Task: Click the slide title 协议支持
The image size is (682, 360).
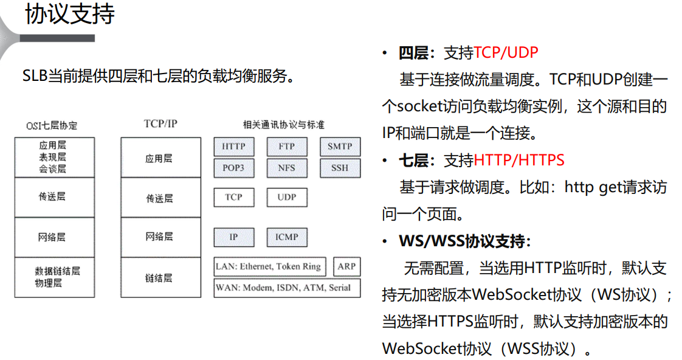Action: click(69, 15)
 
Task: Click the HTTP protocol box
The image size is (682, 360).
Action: click(233, 147)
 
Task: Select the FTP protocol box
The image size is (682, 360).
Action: click(286, 147)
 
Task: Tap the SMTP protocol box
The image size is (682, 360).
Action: click(340, 147)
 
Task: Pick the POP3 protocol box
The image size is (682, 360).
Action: click(233, 168)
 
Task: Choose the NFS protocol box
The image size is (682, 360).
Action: click(286, 168)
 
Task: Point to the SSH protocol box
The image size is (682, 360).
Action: click(340, 168)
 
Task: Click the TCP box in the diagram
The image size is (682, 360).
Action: click(233, 197)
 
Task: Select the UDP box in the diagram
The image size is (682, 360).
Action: click(286, 197)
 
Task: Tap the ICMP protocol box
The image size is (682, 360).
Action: click(286, 237)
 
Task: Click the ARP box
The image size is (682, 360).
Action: click(346, 266)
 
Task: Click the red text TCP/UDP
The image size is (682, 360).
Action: click(506, 53)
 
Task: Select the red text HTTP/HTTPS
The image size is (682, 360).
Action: click(518, 161)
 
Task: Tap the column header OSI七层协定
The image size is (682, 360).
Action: click(52, 126)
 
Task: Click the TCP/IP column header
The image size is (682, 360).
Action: click(160, 123)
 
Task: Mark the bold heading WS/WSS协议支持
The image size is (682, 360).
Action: click(465, 241)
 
